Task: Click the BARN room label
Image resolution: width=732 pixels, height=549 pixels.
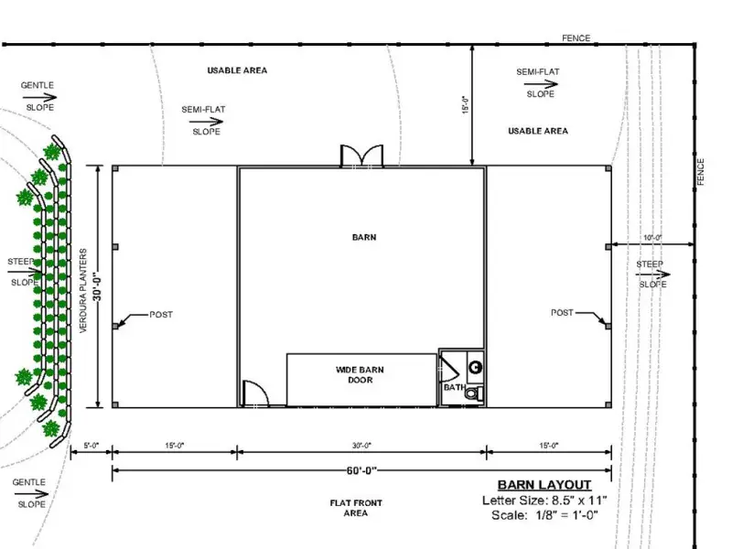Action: click(x=364, y=237)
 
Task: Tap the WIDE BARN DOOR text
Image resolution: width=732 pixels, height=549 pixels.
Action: click(x=360, y=375)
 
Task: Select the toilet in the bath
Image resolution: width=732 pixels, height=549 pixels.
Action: click(x=473, y=393)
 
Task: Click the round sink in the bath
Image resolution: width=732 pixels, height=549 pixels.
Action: click(x=475, y=368)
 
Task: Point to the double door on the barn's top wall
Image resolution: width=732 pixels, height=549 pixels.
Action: click(x=361, y=156)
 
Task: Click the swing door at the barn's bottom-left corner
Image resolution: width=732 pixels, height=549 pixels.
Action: click(x=255, y=393)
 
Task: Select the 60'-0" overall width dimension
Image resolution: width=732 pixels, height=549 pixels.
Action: click(x=361, y=470)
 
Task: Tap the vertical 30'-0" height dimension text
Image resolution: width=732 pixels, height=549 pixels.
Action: click(x=97, y=286)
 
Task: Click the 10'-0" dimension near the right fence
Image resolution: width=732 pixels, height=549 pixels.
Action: click(x=652, y=238)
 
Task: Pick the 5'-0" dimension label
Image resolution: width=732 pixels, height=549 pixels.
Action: click(x=91, y=446)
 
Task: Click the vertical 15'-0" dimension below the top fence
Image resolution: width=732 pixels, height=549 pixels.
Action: click(x=466, y=105)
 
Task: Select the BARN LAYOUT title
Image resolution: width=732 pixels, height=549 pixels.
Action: click(x=544, y=485)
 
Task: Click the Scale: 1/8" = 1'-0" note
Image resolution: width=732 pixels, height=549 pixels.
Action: click(x=544, y=515)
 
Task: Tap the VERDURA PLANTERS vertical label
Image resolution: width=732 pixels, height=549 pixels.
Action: click(x=83, y=290)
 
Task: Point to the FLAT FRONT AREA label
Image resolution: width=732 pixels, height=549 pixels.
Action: click(x=356, y=508)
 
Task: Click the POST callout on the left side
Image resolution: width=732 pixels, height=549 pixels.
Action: click(x=161, y=315)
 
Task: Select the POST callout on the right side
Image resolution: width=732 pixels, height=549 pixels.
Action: click(x=562, y=312)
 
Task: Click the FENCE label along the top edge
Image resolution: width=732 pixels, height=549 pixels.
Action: click(x=576, y=38)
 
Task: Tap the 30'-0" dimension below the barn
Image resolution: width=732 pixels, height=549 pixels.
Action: click(x=361, y=446)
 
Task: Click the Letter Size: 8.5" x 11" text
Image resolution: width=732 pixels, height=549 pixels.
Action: click(x=544, y=501)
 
